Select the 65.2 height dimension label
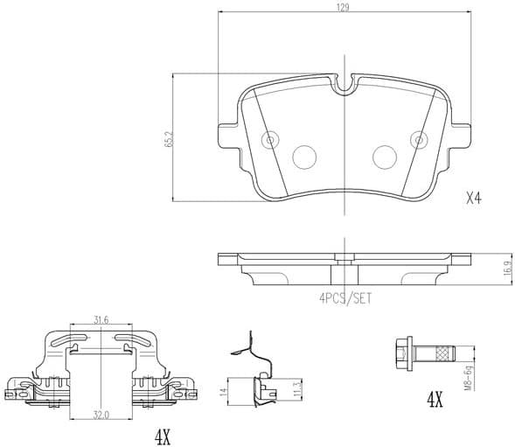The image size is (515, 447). (x=168, y=139)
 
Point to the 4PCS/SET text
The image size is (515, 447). (x=345, y=297)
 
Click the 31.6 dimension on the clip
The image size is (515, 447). (x=101, y=320)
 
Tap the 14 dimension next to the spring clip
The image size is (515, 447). (x=223, y=391)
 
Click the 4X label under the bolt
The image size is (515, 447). (x=434, y=402)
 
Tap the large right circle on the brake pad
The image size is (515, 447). (x=385, y=157)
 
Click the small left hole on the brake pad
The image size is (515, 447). (x=270, y=139)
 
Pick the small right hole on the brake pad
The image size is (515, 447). (x=419, y=139)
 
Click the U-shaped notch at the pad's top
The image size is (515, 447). (x=345, y=84)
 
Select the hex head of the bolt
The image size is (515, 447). (x=405, y=353)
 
